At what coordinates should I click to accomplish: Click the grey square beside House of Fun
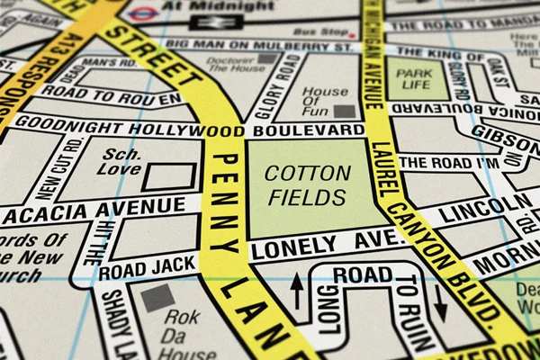tap(344, 112)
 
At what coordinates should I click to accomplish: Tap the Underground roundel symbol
tap(141, 13)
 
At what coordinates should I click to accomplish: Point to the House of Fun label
tap(325, 99)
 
